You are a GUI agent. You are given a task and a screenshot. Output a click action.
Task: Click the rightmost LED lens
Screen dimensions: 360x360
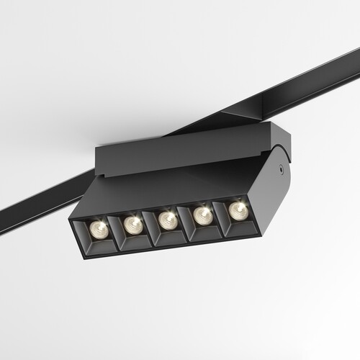(238, 210)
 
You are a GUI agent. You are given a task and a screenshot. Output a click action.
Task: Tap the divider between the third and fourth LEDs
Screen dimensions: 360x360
(186, 220)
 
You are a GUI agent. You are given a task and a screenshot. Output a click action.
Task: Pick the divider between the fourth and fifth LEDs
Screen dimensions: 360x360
(221, 215)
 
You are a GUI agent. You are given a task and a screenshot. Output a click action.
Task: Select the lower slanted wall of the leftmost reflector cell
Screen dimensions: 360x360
(101, 246)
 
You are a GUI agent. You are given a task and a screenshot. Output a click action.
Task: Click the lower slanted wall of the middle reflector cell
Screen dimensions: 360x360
(170, 237)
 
